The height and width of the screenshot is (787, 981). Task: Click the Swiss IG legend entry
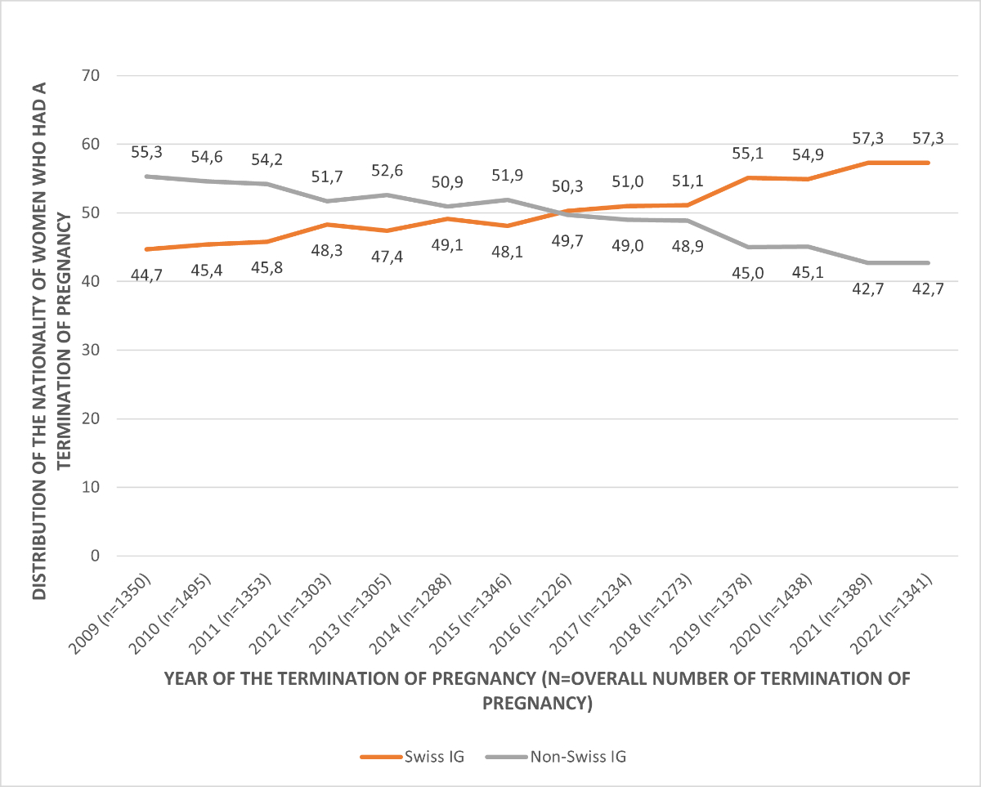tap(412, 757)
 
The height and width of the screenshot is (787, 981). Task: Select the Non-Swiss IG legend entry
tap(556, 757)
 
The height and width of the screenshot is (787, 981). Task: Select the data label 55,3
tap(146, 152)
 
